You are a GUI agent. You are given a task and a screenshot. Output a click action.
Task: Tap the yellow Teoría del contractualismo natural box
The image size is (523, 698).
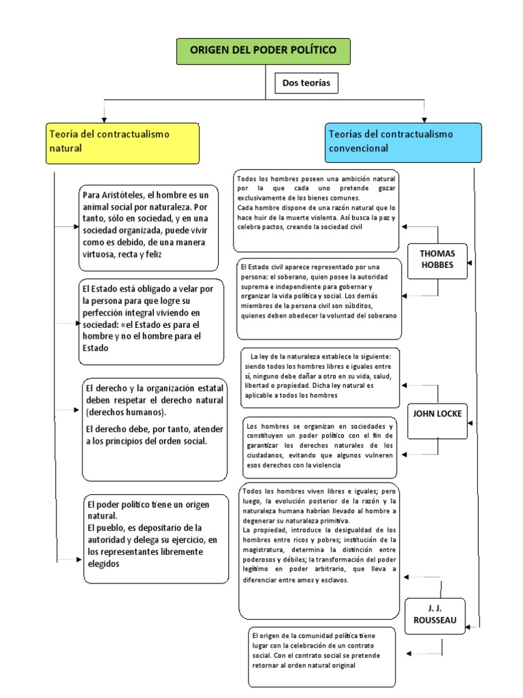[x=123, y=143]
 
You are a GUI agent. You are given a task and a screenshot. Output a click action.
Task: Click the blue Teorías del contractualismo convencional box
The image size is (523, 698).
[x=394, y=141]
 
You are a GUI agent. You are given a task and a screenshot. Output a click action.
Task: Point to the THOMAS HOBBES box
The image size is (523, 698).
[x=438, y=260]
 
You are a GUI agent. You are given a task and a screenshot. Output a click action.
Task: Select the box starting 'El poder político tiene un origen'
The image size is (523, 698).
[x=156, y=538]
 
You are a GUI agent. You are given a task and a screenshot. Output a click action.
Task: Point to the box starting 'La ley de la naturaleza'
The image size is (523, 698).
[x=319, y=377]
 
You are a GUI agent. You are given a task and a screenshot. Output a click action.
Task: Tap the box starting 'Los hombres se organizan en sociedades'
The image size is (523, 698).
[x=319, y=446]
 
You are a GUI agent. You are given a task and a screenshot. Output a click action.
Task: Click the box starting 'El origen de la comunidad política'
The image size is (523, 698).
[x=321, y=656]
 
